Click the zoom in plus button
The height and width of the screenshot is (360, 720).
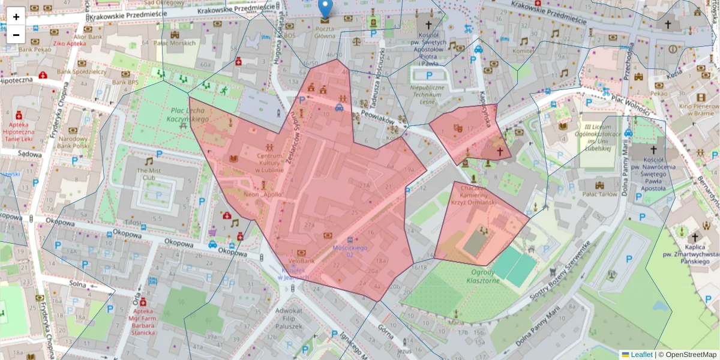pyautogui.click(x=16, y=17)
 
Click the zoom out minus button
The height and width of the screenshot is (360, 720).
pyautogui.click(x=16, y=34)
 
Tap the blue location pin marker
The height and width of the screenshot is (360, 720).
pyautogui.click(x=325, y=9)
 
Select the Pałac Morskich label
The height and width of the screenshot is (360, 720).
pyautogui.click(x=175, y=43)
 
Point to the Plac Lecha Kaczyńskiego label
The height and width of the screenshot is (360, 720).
pyautogui.click(x=189, y=115)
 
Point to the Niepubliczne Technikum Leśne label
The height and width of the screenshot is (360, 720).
pyautogui.click(x=427, y=94)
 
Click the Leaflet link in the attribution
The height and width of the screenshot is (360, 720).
pyautogui.click(x=641, y=355)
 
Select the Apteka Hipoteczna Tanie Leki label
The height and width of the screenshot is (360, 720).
pyautogui.click(x=19, y=131)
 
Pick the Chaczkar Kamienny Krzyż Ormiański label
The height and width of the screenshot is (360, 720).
pyautogui.click(x=478, y=195)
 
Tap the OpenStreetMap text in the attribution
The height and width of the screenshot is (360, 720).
pyautogui.click(x=691, y=355)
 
